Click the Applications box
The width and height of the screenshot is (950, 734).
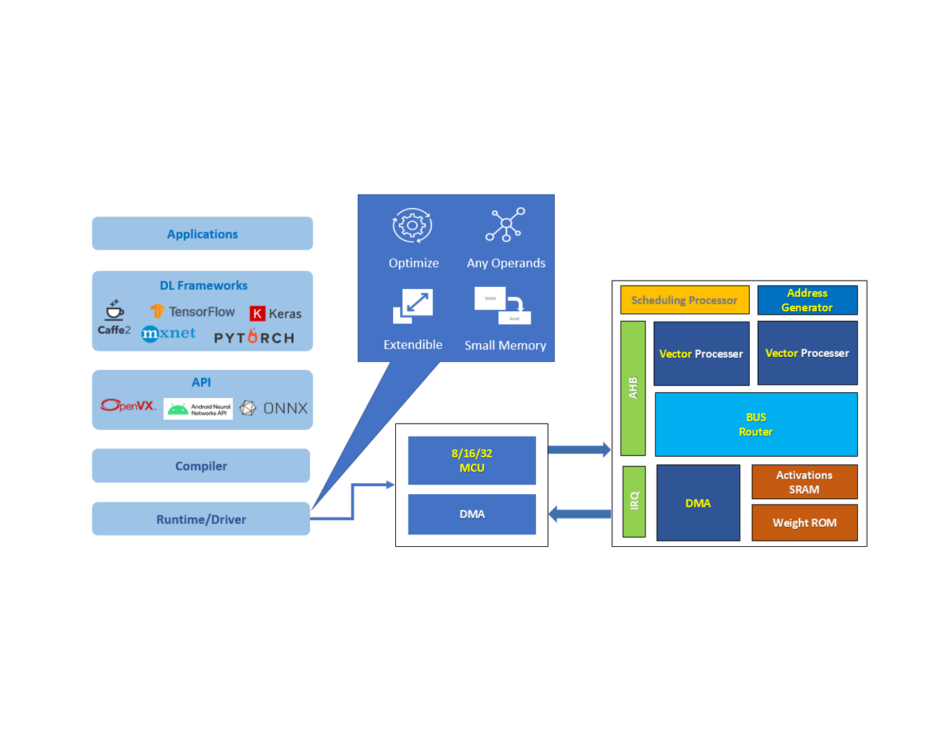coord(202,234)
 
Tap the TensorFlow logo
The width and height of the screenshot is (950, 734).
coord(193,311)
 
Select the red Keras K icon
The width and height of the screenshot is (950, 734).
coord(257,313)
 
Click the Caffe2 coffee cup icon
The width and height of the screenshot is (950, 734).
coord(114,310)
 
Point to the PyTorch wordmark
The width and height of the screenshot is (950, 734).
coord(254,338)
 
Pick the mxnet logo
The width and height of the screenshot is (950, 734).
coord(169,333)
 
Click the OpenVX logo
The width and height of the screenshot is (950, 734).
coord(128,405)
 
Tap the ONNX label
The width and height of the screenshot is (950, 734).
coord(284,408)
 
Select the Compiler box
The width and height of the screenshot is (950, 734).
coord(201,466)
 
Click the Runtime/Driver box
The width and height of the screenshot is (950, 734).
coord(201,519)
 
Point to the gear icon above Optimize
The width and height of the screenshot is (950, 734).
coord(412,225)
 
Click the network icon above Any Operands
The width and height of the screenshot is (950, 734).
coord(506,225)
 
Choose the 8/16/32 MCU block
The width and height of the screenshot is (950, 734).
coord(472,460)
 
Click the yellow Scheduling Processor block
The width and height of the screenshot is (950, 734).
coord(684,300)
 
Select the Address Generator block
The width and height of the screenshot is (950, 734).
coord(807,300)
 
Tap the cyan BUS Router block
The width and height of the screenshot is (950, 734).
coord(756,424)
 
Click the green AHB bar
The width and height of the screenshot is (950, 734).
coord(633,387)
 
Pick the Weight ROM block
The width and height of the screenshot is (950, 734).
coord(804,523)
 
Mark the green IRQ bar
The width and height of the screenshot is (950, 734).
coord(634,501)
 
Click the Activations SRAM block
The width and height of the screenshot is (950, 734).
coord(804,482)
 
